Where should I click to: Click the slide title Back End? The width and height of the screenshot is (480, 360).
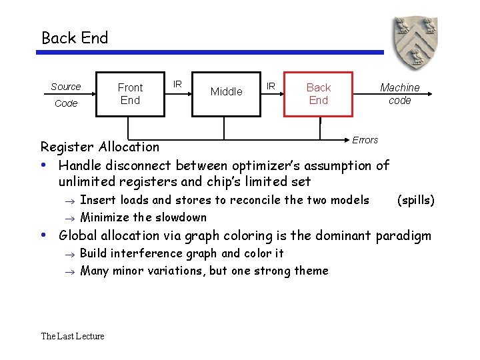tap(75, 38)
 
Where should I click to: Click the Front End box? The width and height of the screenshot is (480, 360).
tap(131, 94)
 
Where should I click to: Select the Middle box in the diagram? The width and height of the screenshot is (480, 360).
tap(226, 93)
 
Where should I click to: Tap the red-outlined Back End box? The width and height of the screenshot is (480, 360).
tap(318, 94)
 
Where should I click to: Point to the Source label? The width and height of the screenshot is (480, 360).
tap(65, 87)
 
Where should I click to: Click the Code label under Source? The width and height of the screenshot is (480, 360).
tap(66, 103)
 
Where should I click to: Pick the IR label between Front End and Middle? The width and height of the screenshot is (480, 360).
tap(178, 84)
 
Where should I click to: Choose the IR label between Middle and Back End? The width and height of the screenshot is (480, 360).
tap(271, 86)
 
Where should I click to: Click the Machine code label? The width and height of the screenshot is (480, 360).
tap(399, 94)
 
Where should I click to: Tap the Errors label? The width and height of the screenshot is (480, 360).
tap(365, 140)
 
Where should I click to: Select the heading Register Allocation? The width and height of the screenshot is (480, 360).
tap(100, 147)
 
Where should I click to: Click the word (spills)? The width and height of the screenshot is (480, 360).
tap(415, 200)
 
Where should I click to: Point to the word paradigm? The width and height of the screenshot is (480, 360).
tap(403, 235)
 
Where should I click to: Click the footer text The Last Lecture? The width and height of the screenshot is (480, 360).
tap(73, 336)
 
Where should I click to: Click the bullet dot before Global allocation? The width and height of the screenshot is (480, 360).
tap(43, 235)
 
